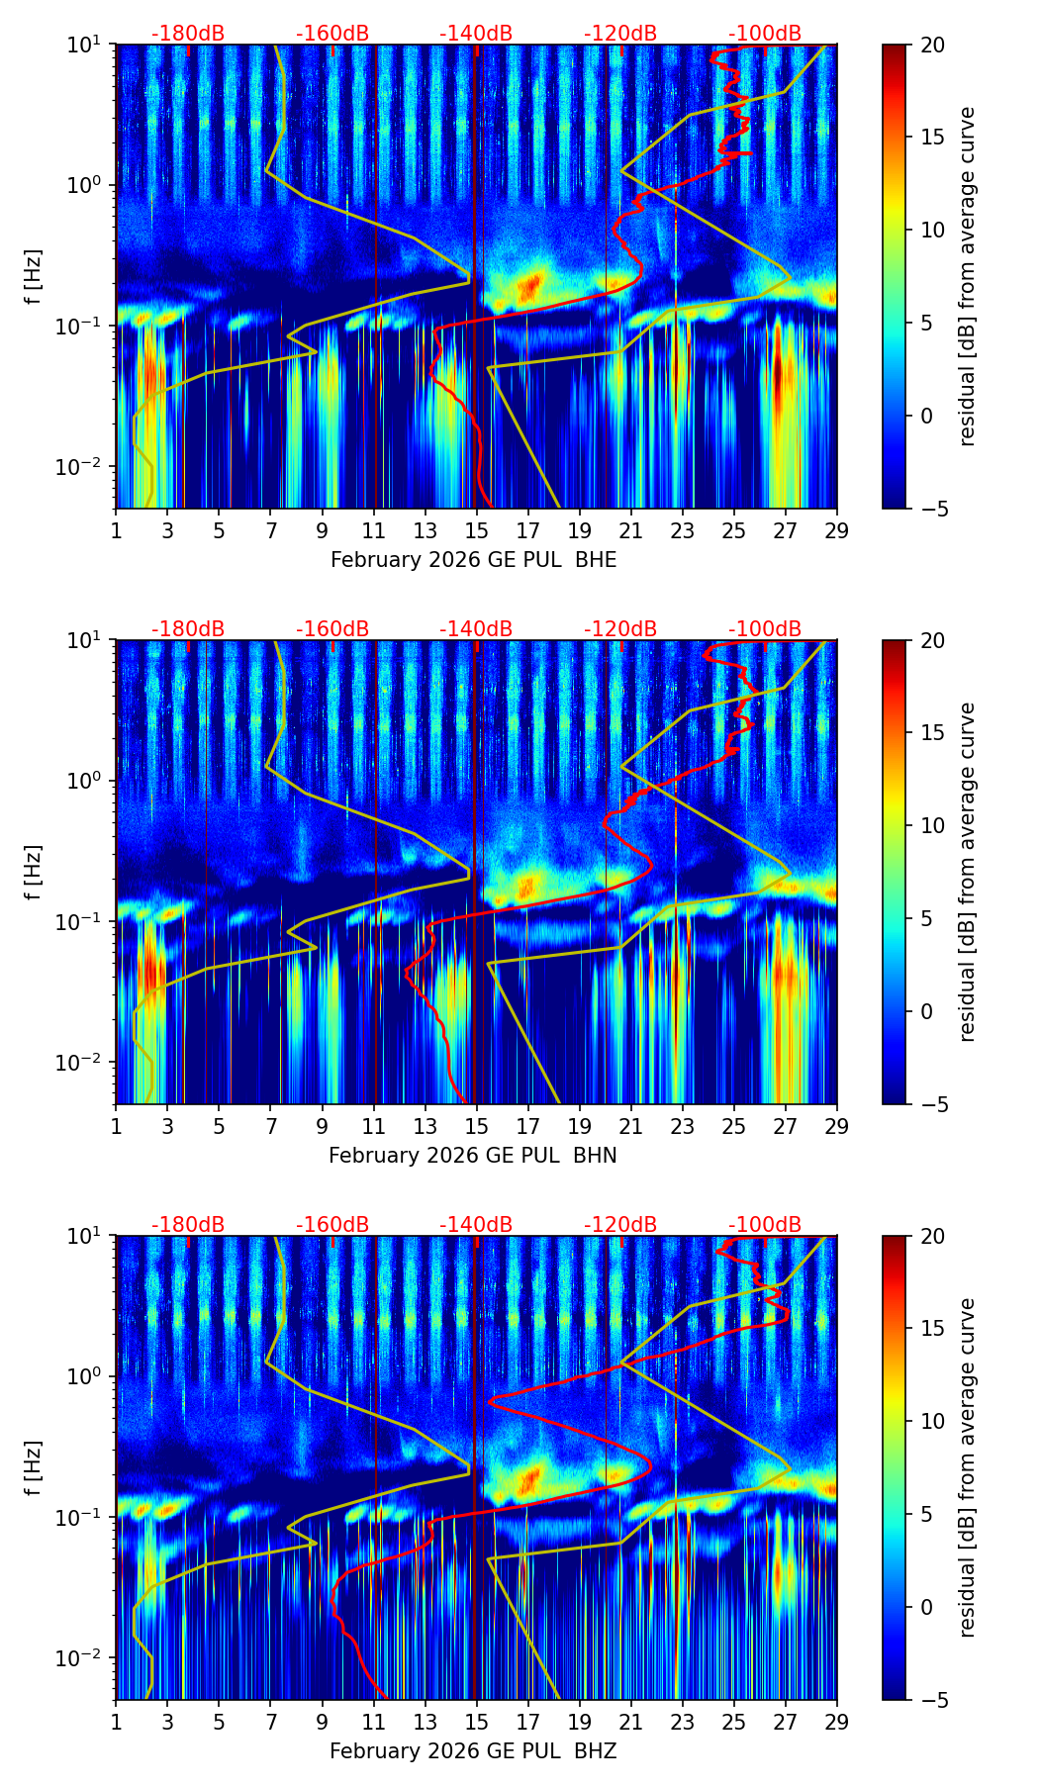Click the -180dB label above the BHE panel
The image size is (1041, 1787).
point(188,34)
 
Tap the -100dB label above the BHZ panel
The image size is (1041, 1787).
point(765,1225)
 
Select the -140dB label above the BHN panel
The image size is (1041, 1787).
point(476,629)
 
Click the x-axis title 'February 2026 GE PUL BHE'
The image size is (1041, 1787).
point(473,560)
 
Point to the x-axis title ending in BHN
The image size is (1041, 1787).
point(473,1156)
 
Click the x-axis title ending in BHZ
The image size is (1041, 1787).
point(473,1751)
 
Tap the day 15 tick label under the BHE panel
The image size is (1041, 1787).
point(477,531)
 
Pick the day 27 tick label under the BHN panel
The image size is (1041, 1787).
point(786,1127)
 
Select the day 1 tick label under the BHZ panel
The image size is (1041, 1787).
point(117,1723)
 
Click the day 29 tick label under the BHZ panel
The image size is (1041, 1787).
point(837,1723)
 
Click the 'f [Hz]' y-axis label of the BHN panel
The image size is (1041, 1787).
point(34,872)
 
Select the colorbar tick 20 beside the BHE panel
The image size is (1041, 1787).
point(933,45)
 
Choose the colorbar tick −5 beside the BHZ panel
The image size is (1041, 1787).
point(933,1700)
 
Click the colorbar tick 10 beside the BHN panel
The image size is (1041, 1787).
point(933,825)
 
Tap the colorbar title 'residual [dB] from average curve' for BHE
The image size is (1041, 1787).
point(968,276)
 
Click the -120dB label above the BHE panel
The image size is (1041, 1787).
point(620,34)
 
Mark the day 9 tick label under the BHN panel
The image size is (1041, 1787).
point(323,1127)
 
